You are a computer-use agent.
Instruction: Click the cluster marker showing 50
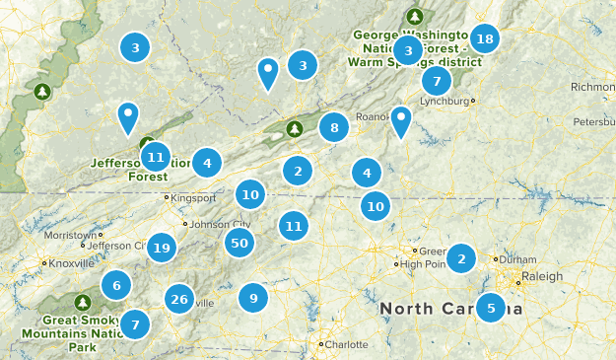(x=239, y=242)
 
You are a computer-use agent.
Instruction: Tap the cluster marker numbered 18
(x=484, y=38)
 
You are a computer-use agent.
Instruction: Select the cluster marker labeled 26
(x=178, y=299)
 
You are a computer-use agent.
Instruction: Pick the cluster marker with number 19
(x=162, y=248)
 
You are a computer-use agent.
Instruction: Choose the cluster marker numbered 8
(x=335, y=126)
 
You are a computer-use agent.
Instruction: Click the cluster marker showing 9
(x=253, y=297)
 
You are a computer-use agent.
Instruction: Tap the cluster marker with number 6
(x=116, y=286)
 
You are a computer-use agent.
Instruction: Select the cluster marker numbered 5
(x=491, y=307)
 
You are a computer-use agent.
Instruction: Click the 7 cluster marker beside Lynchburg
(x=437, y=81)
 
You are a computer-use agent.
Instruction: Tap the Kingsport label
(x=193, y=197)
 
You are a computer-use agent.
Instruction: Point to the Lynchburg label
(x=445, y=101)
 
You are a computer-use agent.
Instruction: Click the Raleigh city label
(x=541, y=276)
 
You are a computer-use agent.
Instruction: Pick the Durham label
(x=516, y=258)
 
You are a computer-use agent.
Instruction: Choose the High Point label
(x=424, y=264)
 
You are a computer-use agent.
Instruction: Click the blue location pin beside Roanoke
(x=400, y=121)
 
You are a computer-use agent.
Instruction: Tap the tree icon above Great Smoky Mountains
(x=83, y=302)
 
